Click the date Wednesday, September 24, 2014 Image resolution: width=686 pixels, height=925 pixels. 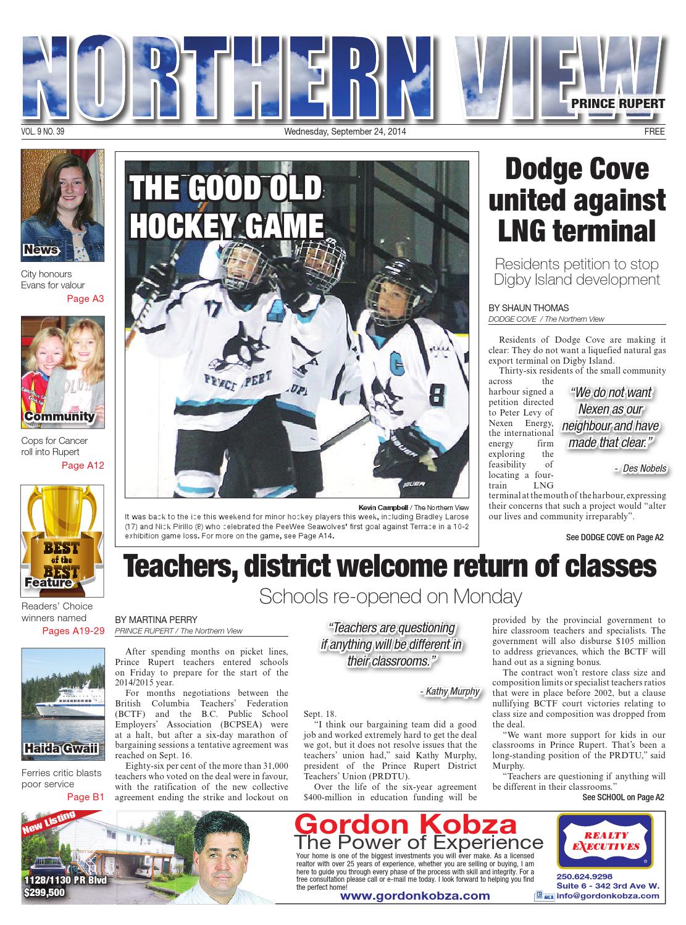click(x=345, y=132)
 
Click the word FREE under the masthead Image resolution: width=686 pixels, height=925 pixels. click(x=654, y=132)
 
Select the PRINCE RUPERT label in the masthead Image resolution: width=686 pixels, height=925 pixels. click(x=617, y=104)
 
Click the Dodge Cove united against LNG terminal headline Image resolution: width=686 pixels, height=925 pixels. click(x=577, y=201)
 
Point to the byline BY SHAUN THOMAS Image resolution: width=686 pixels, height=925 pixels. click(x=528, y=308)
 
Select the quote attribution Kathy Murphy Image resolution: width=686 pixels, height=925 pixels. click(x=449, y=691)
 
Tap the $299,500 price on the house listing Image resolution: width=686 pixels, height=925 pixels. click(x=43, y=892)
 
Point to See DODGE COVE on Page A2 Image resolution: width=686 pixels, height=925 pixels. click(x=614, y=537)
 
